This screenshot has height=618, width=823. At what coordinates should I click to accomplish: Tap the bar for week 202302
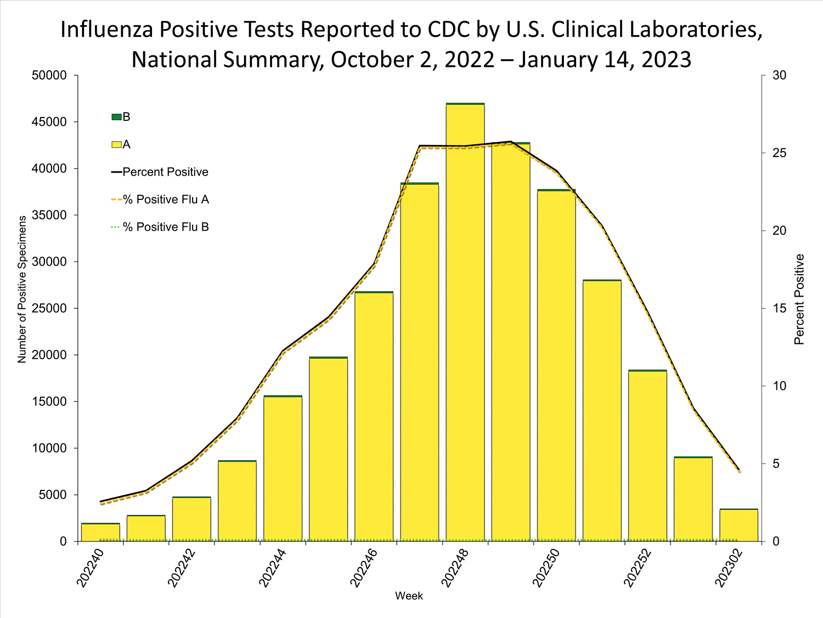click(739, 525)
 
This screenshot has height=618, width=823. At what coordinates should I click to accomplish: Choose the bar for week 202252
click(647, 455)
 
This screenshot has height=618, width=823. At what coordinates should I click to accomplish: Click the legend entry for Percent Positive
click(165, 172)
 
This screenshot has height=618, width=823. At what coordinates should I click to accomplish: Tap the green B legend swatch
click(116, 117)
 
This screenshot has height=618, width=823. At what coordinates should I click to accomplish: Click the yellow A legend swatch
click(116, 144)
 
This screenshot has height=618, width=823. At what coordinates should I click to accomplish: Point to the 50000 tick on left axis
click(49, 75)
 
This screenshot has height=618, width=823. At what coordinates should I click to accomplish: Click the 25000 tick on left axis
click(49, 308)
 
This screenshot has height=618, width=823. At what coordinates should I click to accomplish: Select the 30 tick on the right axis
click(779, 75)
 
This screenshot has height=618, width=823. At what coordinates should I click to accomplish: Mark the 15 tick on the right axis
click(779, 308)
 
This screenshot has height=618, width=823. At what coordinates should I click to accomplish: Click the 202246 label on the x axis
click(363, 567)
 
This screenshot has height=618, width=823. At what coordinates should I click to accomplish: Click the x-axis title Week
click(409, 596)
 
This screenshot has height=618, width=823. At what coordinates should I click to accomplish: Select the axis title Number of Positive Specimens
click(22, 289)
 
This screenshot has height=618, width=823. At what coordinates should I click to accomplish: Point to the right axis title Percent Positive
click(799, 299)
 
